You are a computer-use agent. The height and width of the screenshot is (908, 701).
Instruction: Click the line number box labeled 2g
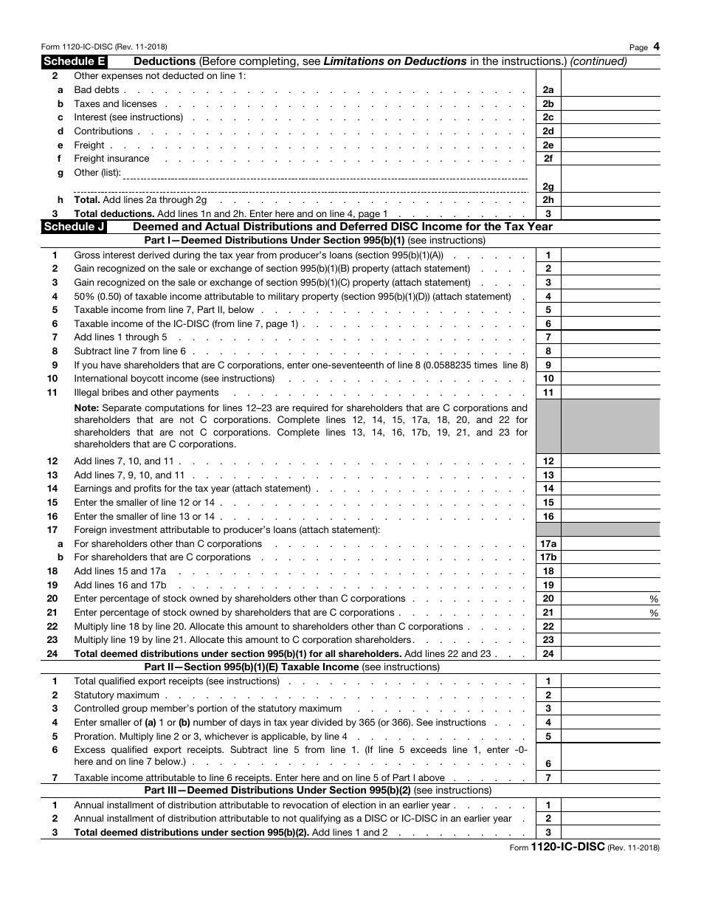coord(548,187)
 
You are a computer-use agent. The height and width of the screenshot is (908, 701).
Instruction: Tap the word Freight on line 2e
coord(89,145)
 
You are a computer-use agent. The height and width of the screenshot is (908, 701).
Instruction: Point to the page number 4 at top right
coord(656,47)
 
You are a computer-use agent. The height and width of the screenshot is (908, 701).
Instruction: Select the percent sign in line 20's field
coord(654,599)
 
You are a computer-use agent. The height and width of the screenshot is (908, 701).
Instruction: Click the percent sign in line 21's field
coord(654,613)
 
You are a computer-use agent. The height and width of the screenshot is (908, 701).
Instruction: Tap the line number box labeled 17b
coord(548,557)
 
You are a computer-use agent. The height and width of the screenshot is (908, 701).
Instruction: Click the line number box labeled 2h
coord(548,200)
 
